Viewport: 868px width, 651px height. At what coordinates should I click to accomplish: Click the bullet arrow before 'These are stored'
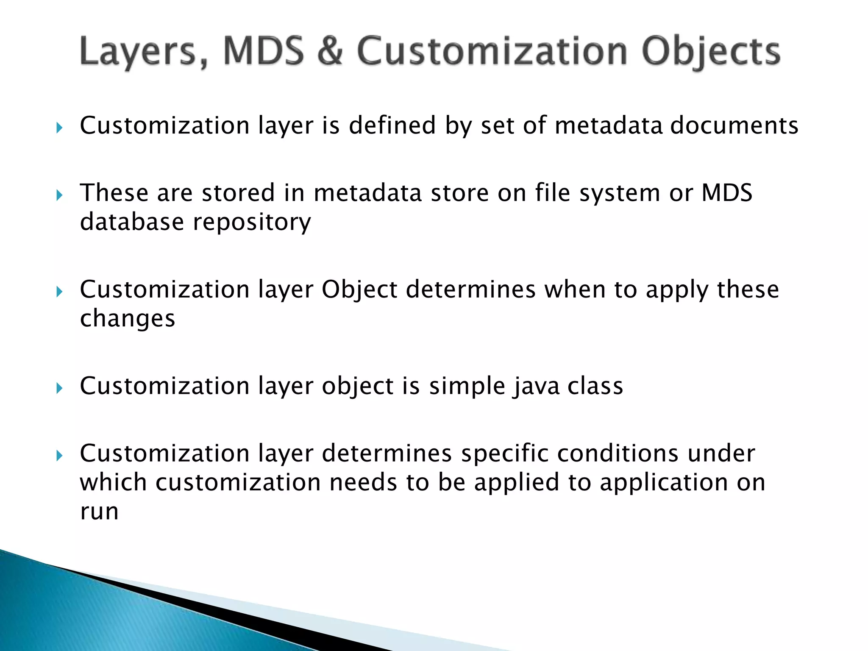59,195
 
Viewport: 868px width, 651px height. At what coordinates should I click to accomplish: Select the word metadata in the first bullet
608,125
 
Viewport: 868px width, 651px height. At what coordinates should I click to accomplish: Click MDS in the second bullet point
727,193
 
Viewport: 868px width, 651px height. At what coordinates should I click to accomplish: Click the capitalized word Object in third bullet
359,290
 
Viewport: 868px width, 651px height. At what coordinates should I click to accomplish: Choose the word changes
127,319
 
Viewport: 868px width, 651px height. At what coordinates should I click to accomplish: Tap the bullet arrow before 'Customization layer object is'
59,388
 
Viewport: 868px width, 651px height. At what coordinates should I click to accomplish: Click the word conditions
617,453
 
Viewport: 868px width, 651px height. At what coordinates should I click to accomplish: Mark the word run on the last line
99,512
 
